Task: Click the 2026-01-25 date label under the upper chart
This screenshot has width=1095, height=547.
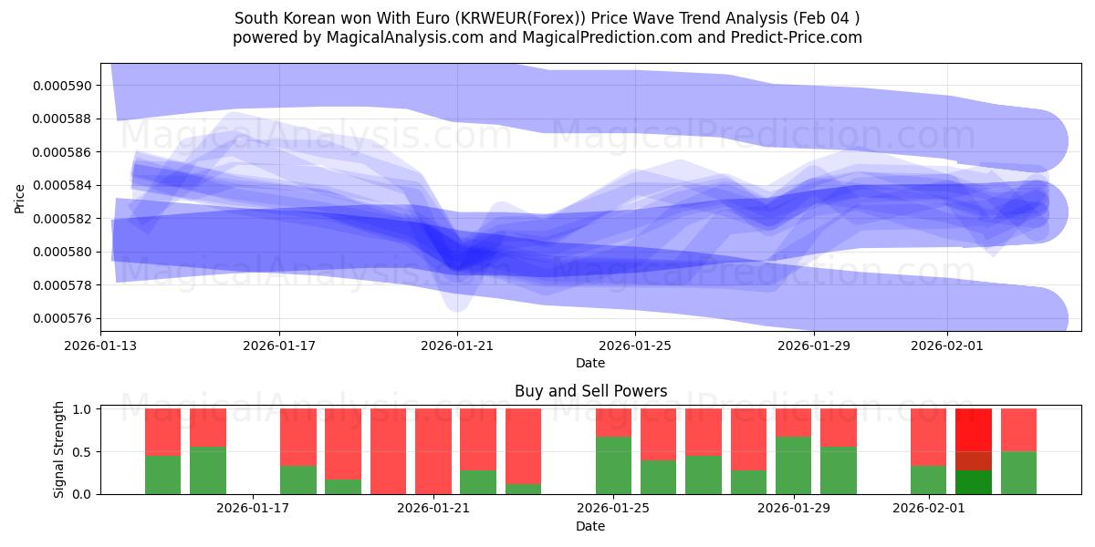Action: point(635,346)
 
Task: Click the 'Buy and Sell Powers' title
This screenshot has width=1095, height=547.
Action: point(590,391)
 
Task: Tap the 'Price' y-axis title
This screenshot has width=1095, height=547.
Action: point(20,197)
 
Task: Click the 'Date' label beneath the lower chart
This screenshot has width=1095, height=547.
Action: point(590,526)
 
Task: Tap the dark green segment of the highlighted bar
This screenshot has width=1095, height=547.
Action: point(973,482)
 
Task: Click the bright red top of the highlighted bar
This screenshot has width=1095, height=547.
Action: point(973,429)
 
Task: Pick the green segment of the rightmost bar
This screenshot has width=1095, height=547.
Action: point(1018,472)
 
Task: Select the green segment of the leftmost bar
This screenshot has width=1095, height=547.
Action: point(162,475)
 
